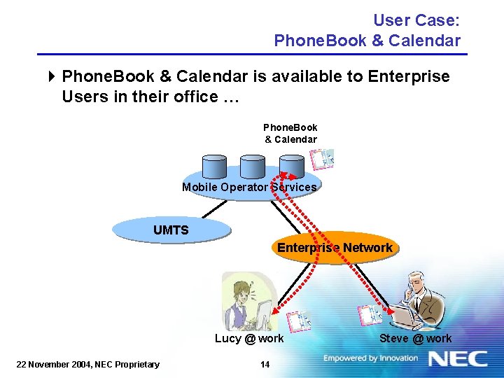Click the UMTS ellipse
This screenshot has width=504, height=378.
[x=171, y=230]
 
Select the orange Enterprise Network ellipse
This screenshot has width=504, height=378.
[x=335, y=248]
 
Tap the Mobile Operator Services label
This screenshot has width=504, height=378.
[x=249, y=187]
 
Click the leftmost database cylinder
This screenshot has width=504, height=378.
[x=213, y=166]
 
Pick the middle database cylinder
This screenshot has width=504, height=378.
[x=252, y=166]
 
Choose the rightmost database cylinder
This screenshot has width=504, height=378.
[x=291, y=166]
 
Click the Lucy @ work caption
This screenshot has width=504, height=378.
[x=249, y=339]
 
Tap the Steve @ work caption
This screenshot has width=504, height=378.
[x=416, y=339]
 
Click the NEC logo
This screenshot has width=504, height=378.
[x=458, y=359]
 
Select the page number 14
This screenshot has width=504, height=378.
[x=265, y=364]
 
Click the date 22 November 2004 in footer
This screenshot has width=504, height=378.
[x=88, y=364]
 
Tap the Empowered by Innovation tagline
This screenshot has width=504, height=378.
[x=370, y=358]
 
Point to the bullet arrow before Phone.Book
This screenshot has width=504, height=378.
[x=53, y=76]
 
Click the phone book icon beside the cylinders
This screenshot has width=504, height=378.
[x=324, y=160]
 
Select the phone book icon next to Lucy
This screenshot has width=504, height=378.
[x=297, y=321]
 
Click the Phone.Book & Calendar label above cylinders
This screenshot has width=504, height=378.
[x=290, y=133]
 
